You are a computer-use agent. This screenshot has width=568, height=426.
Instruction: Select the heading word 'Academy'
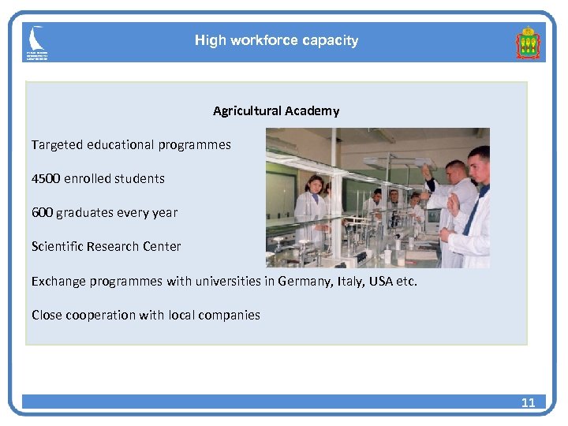click(x=313, y=110)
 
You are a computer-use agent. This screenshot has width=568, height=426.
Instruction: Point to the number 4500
click(x=47, y=178)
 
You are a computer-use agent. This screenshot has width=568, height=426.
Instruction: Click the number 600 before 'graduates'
click(x=42, y=212)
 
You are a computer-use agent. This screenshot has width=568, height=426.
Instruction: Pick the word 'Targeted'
click(x=56, y=145)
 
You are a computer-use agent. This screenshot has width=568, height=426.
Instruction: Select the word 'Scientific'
click(x=58, y=246)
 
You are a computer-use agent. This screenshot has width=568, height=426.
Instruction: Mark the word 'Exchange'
click(x=58, y=281)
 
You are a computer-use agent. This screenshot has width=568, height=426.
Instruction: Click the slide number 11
click(x=528, y=402)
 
